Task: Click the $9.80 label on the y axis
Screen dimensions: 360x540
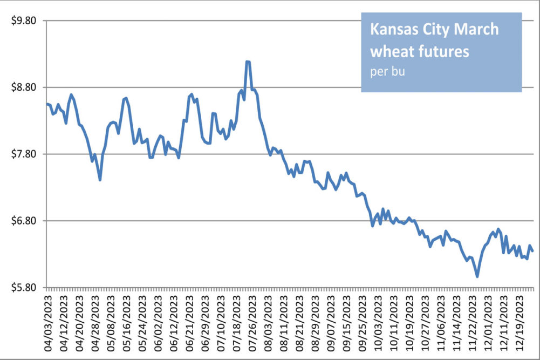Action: point(23,21)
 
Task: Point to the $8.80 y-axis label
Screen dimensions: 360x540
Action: point(23,87)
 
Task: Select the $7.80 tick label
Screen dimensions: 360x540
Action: point(23,154)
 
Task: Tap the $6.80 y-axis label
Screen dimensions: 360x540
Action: point(23,221)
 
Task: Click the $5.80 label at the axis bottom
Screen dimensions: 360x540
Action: point(23,288)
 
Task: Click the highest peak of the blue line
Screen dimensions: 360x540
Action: point(248,62)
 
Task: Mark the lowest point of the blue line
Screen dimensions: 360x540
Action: point(477,276)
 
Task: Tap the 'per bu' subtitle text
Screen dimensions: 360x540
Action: point(387,72)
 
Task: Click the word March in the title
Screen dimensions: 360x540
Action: point(476,30)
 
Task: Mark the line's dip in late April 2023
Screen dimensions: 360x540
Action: point(100,179)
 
